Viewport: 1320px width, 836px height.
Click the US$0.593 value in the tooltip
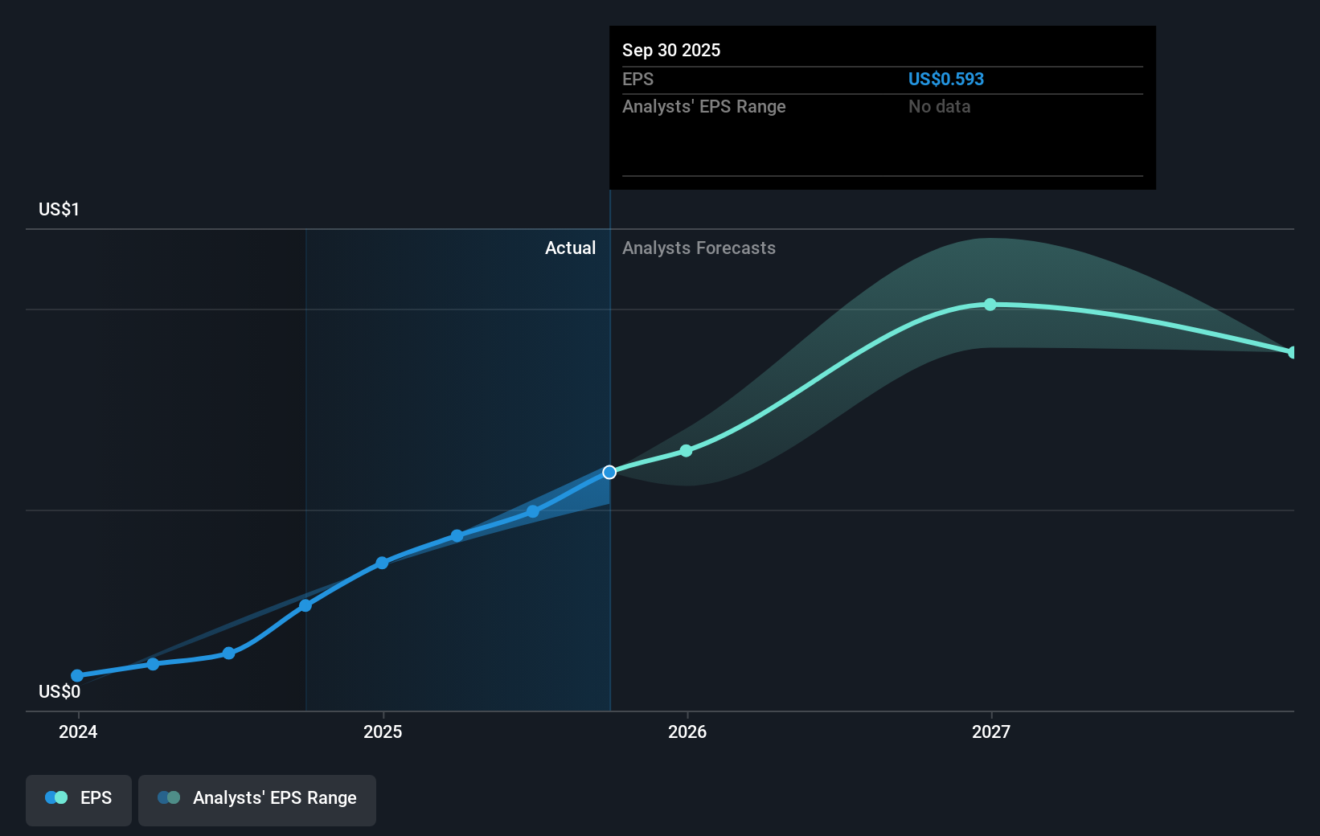click(x=945, y=79)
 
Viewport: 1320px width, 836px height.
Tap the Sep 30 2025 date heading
click(x=671, y=50)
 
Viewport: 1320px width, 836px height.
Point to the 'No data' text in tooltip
click(x=939, y=106)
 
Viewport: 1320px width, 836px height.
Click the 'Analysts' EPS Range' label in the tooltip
click(x=703, y=106)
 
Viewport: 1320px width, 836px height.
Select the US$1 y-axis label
click(x=59, y=209)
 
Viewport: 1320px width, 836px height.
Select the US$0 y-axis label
click(x=59, y=691)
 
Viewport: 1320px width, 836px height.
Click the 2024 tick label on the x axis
click(x=78, y=731)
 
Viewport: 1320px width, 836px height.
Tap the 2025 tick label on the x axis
click(x=383, y=731)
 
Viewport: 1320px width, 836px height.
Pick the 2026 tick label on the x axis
click(x=687, y=731)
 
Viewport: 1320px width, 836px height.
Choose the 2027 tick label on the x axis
click(x=991, y=731)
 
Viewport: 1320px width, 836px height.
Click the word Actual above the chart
click(x=570, y=248)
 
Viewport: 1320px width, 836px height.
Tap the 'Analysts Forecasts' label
click(x=699, y=248)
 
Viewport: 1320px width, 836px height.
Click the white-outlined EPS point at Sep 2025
click(x=609, y=472)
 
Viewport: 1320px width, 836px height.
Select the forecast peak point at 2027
click(x=990, y=305)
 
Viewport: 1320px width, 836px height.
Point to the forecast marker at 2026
click(x=686, y=451)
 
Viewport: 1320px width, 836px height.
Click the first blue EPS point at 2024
click(x=77, y=676)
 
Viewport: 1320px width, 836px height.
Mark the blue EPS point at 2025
click(x=382, y=563)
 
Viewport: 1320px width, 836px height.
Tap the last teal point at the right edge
click(x=1292, y=352)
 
